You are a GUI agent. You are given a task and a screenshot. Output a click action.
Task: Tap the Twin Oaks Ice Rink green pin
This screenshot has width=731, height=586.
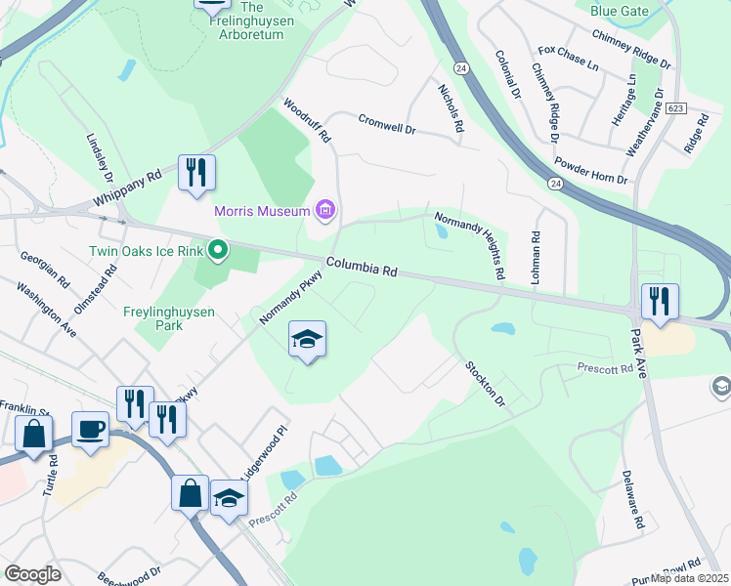tap(218, 251)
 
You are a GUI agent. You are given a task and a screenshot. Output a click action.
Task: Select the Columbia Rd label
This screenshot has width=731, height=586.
tap(362, 267)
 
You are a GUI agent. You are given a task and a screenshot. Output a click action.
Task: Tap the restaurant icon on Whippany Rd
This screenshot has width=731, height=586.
tap(196, 173)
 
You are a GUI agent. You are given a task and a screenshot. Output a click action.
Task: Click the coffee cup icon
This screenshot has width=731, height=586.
tap(91, 430)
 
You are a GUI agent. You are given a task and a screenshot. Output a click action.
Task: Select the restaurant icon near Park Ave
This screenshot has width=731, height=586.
tap(661, 302)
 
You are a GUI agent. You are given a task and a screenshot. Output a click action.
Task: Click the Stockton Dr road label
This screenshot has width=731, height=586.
tap(484, 384)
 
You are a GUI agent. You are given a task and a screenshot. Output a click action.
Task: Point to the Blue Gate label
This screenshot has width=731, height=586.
tap(619, 11)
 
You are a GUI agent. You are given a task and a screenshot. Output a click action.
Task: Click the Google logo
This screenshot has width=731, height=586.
tap(32, 573)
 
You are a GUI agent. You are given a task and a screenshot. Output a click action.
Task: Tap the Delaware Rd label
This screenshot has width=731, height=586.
tap(632, 499)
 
